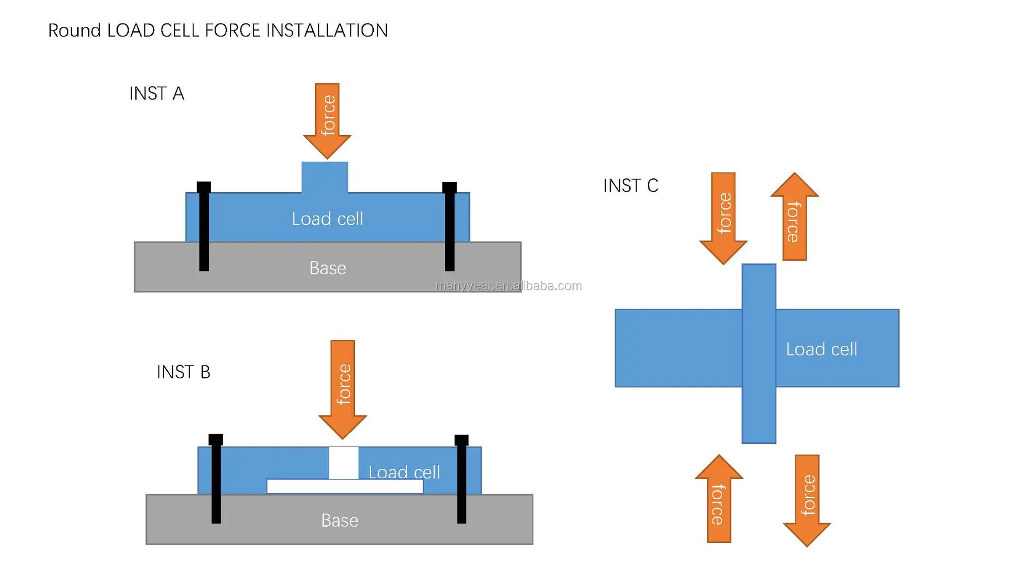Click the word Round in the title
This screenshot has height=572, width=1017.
[x=74, y=31]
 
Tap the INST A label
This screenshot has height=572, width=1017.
[x=157, y=94]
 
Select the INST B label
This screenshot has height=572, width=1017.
[x=183, y=372]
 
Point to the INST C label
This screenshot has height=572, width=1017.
[x=631, y=186]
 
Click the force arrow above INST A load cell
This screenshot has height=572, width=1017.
[x=327, y=120]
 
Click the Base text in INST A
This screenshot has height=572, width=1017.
[x=327, y=268]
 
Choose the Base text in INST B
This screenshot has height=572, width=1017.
[x=340, y=521]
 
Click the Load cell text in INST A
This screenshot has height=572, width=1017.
[x=327, y=219]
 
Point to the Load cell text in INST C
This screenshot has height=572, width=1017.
[x=821, y=349]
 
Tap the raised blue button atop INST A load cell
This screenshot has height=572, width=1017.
[x=325, y=177]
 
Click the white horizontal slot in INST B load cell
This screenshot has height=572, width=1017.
[x=345, y=487]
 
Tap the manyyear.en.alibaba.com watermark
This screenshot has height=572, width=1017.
[x=508, y=286]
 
